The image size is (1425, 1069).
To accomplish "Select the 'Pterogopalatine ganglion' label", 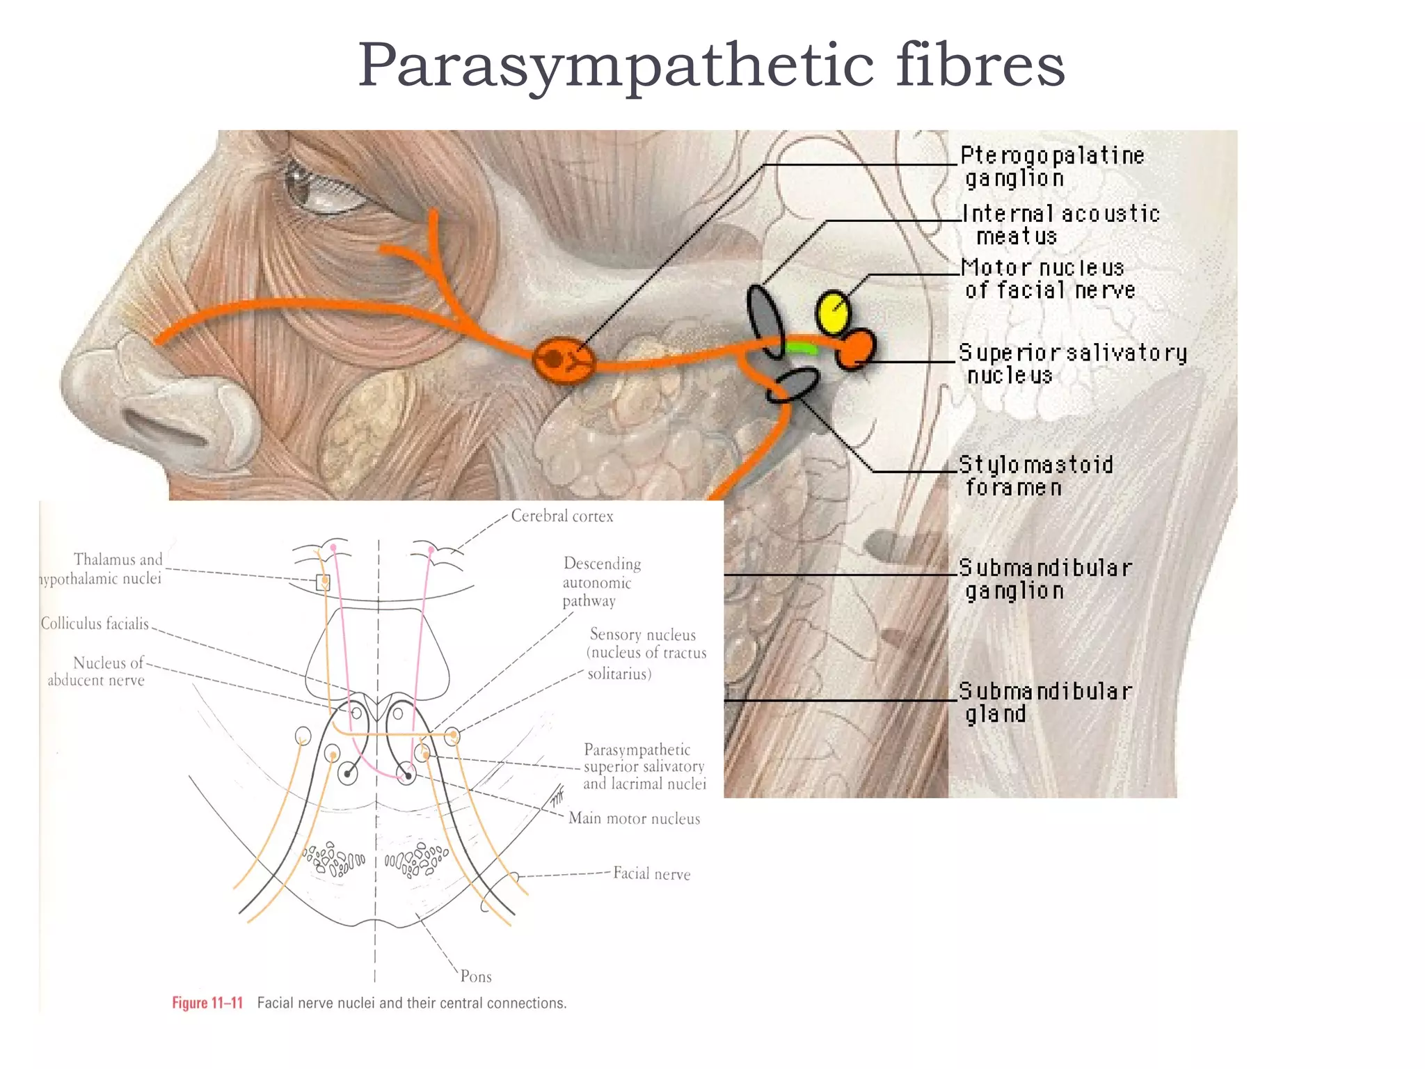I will pyautogui.click(x=1051, y=167).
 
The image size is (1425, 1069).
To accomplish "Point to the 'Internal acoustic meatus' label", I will pyautogui.click(x=1060, y=225).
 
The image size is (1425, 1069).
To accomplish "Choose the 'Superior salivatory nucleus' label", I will pyautogui.click(x=1072, y=364).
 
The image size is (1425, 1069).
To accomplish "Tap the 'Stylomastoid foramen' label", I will pyautogui.click(x=1035, y=476).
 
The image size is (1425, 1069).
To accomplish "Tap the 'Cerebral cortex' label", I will pyautogui.click(x=562, y=516).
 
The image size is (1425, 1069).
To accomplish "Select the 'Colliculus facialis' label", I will pyautogui.click(x=95, y=624).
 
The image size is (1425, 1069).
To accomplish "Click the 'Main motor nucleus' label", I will pyautogui.click(x=634, y=818).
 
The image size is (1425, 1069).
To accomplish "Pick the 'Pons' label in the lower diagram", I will pyautogui.click(x=476, y=976).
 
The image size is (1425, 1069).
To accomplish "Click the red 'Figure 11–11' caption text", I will pyautogui.click(x=207, y=1003).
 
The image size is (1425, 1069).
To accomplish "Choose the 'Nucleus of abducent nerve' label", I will pyautogui.click(x=97, y=672).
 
